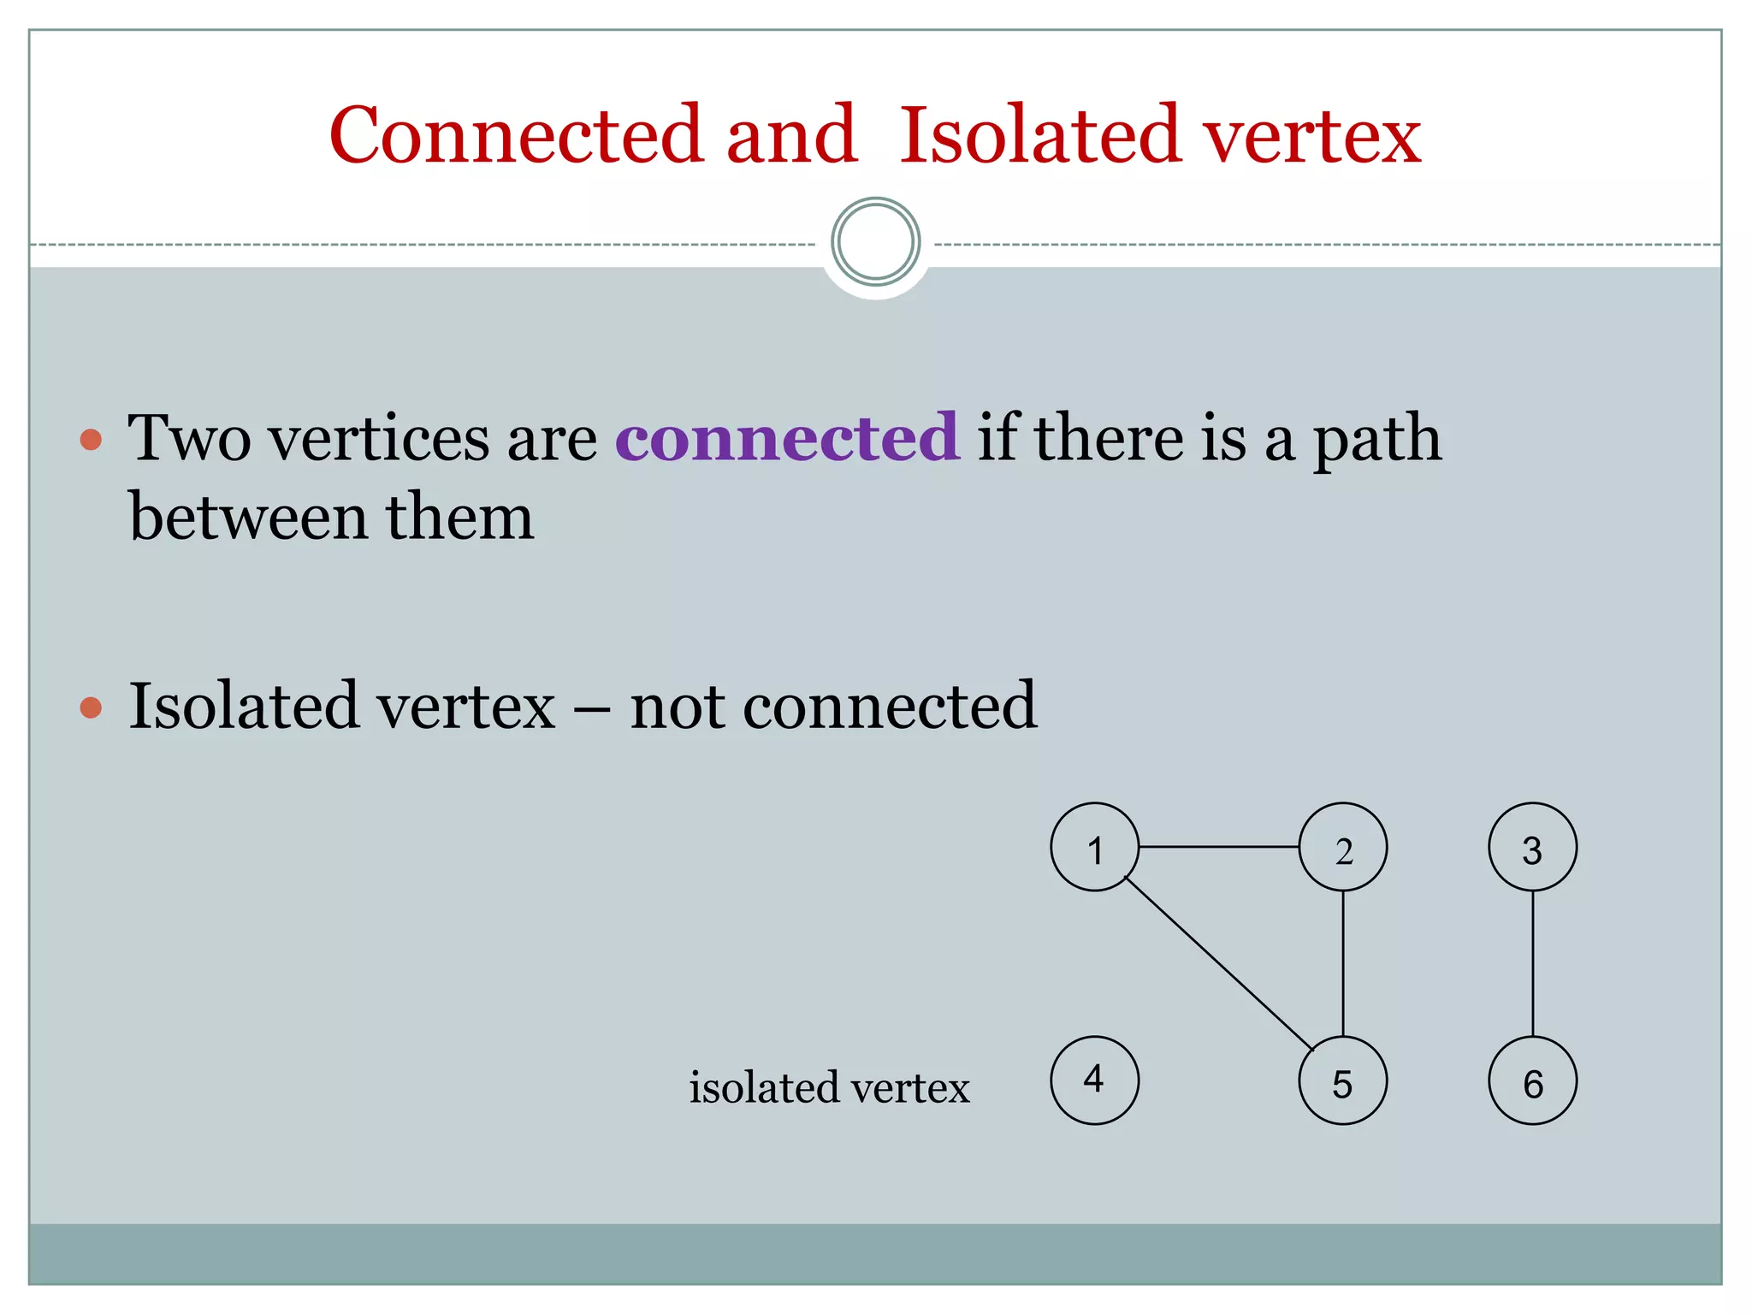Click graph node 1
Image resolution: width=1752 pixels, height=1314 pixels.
click(x=1094, y=847)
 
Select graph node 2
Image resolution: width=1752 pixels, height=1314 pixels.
click(x=1342, y=847)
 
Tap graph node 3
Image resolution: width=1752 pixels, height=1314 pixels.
click(x=1532, y=847)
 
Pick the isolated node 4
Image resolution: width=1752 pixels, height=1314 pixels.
click(x=1094, y=1080)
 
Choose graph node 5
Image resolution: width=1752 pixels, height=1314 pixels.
click(x=1342, y=1081)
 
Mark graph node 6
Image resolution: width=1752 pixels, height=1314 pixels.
click(x=1532, y=1081)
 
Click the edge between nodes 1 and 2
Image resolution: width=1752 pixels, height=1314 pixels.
click(x=1218, y=847)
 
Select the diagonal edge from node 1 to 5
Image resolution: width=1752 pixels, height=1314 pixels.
click(x=1218, y=963)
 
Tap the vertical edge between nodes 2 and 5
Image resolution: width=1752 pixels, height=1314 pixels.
click(x=1343, y=963)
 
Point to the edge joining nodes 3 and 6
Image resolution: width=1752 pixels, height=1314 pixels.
click(x=1532, y=963)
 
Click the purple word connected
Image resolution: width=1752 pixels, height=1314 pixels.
click(x=787, y=438)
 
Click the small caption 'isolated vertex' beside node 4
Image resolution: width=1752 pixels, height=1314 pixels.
click(x=829, y=1088)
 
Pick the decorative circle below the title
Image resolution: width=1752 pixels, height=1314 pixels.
click(x=875, y=242)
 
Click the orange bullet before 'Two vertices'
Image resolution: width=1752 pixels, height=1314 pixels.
click(x=91, y=441)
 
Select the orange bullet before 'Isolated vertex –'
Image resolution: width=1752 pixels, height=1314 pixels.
click(x=91, y=708)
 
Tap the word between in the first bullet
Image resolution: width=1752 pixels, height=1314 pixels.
click(x=248, y=518)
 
